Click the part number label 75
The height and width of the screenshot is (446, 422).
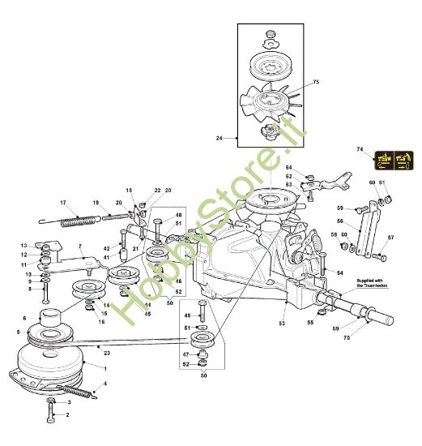pos(317,82)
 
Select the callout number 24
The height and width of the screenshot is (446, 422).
pos(220,139)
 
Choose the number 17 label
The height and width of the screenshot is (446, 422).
pos(62,202)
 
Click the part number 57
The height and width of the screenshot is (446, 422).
pos(391,238)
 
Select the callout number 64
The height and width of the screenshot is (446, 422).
pos(288,168)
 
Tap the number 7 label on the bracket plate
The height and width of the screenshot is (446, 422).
pos(80,247)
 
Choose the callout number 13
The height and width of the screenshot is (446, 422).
pos(24,245)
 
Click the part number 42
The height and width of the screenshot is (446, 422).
pos(106,248)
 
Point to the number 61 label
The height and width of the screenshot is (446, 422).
pos(383,182)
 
